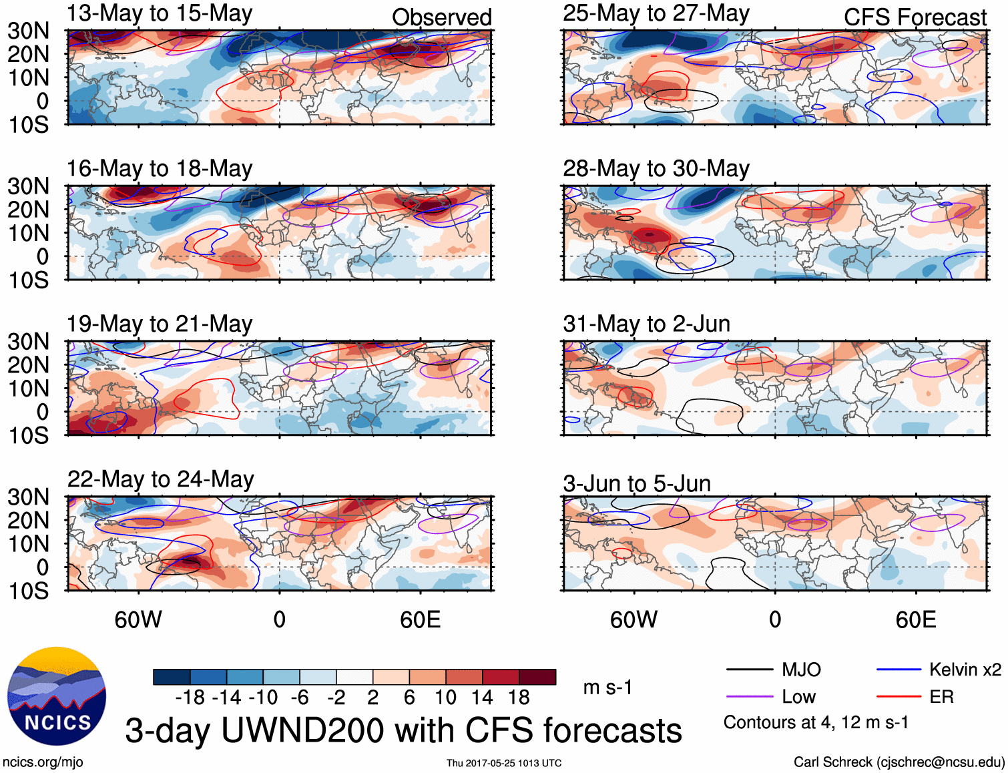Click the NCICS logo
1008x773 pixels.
[x=57, y=696]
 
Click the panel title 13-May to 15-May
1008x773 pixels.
[x=160, y=13]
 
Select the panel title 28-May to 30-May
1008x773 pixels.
[x=656, y=168]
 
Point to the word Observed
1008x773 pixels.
[x=441, y=17]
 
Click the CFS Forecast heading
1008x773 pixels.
[x=915, y=17]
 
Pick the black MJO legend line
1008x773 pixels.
[x=749, y=670]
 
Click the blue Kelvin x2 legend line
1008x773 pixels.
[x=899, y=670]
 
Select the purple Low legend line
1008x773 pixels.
[x=749, y=697]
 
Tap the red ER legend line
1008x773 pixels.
[x=899, y=697]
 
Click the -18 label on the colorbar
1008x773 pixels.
[x=190, y=698]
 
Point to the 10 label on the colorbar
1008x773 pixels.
[x=445, y=698]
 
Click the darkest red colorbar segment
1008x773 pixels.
[x=537, y=677]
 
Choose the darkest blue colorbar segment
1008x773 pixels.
[x=172, y=677]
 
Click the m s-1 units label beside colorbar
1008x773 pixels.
[x=607, y=687]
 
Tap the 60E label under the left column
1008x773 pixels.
[x=420, y=619]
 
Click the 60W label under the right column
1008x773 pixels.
[x=634, y=619]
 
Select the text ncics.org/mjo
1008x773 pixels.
[x=43, y=762]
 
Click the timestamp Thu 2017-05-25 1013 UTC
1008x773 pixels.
[x=504, y=763]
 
